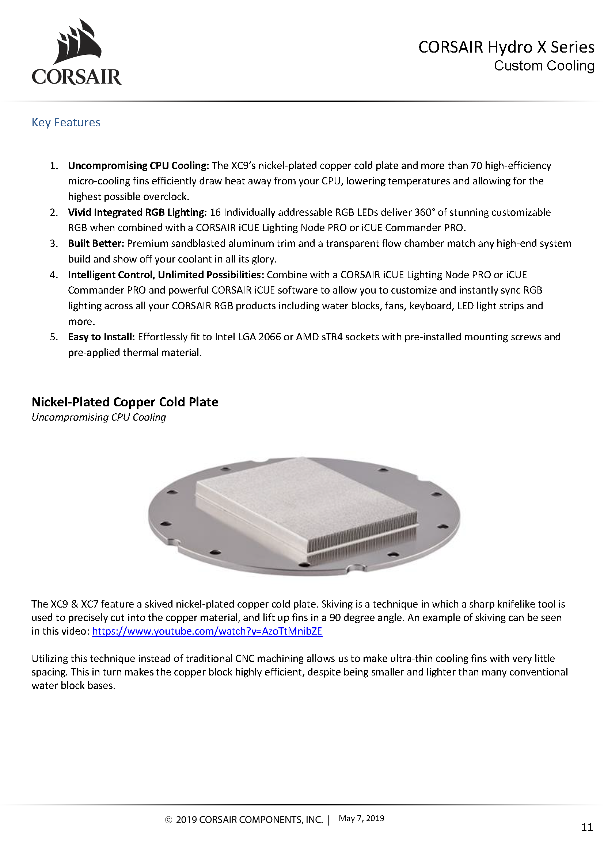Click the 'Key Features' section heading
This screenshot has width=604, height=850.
coord(66,122)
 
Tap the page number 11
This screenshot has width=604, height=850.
coord(587,827)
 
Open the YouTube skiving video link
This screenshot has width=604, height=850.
coord(207,631)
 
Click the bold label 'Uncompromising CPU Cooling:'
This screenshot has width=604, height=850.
coord(138,165)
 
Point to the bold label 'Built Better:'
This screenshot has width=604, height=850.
coord(96,244)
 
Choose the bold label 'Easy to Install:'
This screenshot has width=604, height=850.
coord(101,337)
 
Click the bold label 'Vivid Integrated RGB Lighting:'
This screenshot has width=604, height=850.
coord(137,212)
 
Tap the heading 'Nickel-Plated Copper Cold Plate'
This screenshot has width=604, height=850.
coord(125,402)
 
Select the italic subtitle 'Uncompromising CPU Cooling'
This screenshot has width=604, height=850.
coord(99,417)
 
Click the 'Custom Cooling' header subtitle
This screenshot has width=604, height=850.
coord(544,66)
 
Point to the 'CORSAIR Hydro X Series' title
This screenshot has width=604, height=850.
coord(506,47)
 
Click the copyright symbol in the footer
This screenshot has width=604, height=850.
coord(168,820)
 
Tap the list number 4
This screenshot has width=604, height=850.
coord(54,275)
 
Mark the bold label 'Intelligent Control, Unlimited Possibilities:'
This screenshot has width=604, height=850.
coord(166,275)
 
